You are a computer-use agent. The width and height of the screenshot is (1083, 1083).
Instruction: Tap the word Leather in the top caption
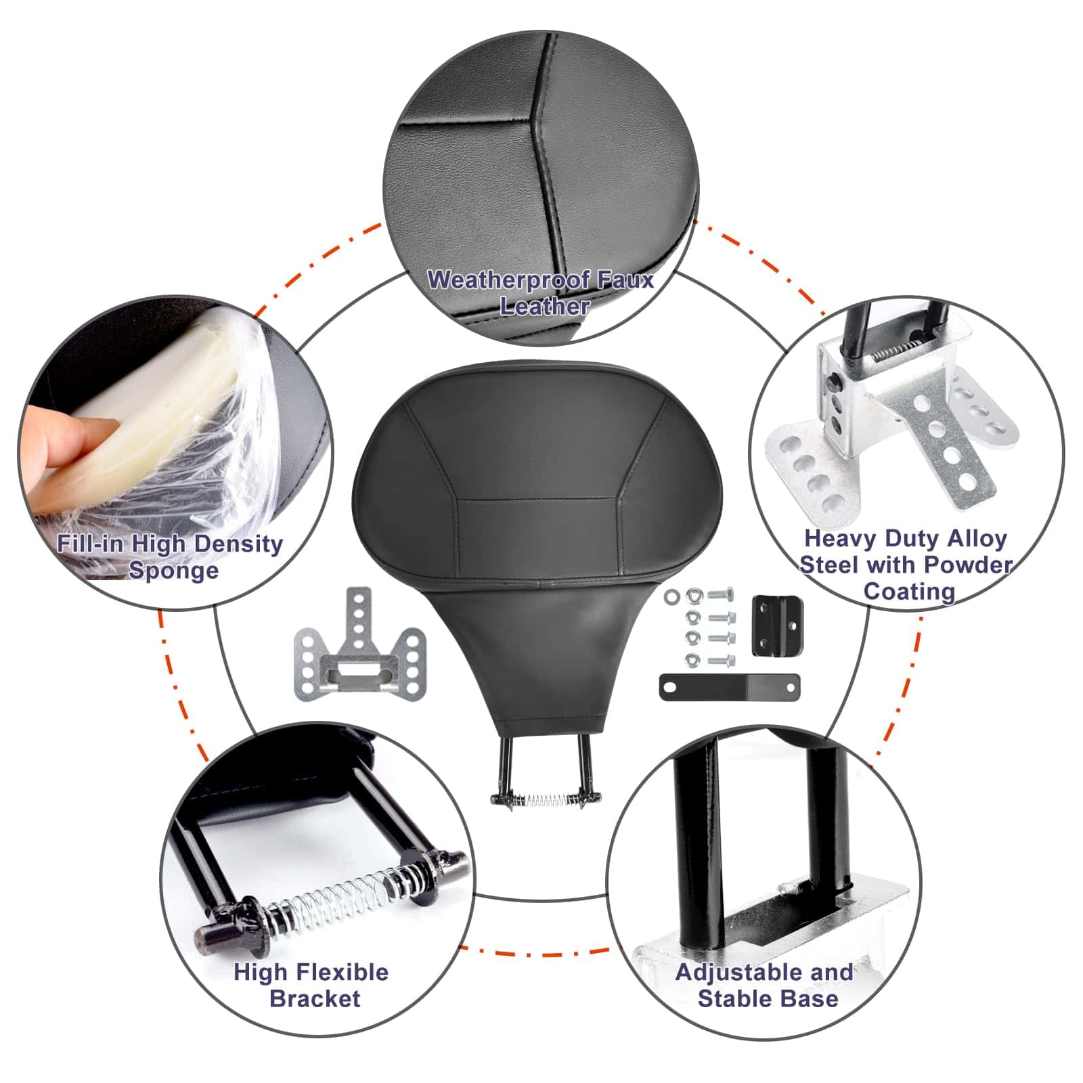(x=545, y=306)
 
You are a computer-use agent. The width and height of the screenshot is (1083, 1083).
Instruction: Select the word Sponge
(x=174, y=570)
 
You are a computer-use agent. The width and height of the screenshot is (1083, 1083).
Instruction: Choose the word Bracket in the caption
(x=315, y=998)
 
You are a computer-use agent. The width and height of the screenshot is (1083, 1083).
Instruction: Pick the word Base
(x=808, y=998)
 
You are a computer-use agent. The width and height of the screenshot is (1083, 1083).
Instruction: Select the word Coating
(x=909, y=591)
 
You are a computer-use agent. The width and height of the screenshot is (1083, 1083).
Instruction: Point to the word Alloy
(x=977, y=539)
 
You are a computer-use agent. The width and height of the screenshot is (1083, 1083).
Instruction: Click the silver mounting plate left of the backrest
(x=358, y=640)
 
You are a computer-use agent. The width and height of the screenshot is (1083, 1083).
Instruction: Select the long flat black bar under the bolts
(x=729, y=687)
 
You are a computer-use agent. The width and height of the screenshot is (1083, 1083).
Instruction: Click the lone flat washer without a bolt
(x=672, y=596)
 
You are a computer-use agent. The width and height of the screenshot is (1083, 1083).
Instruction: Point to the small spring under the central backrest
(x=546, y=800)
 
